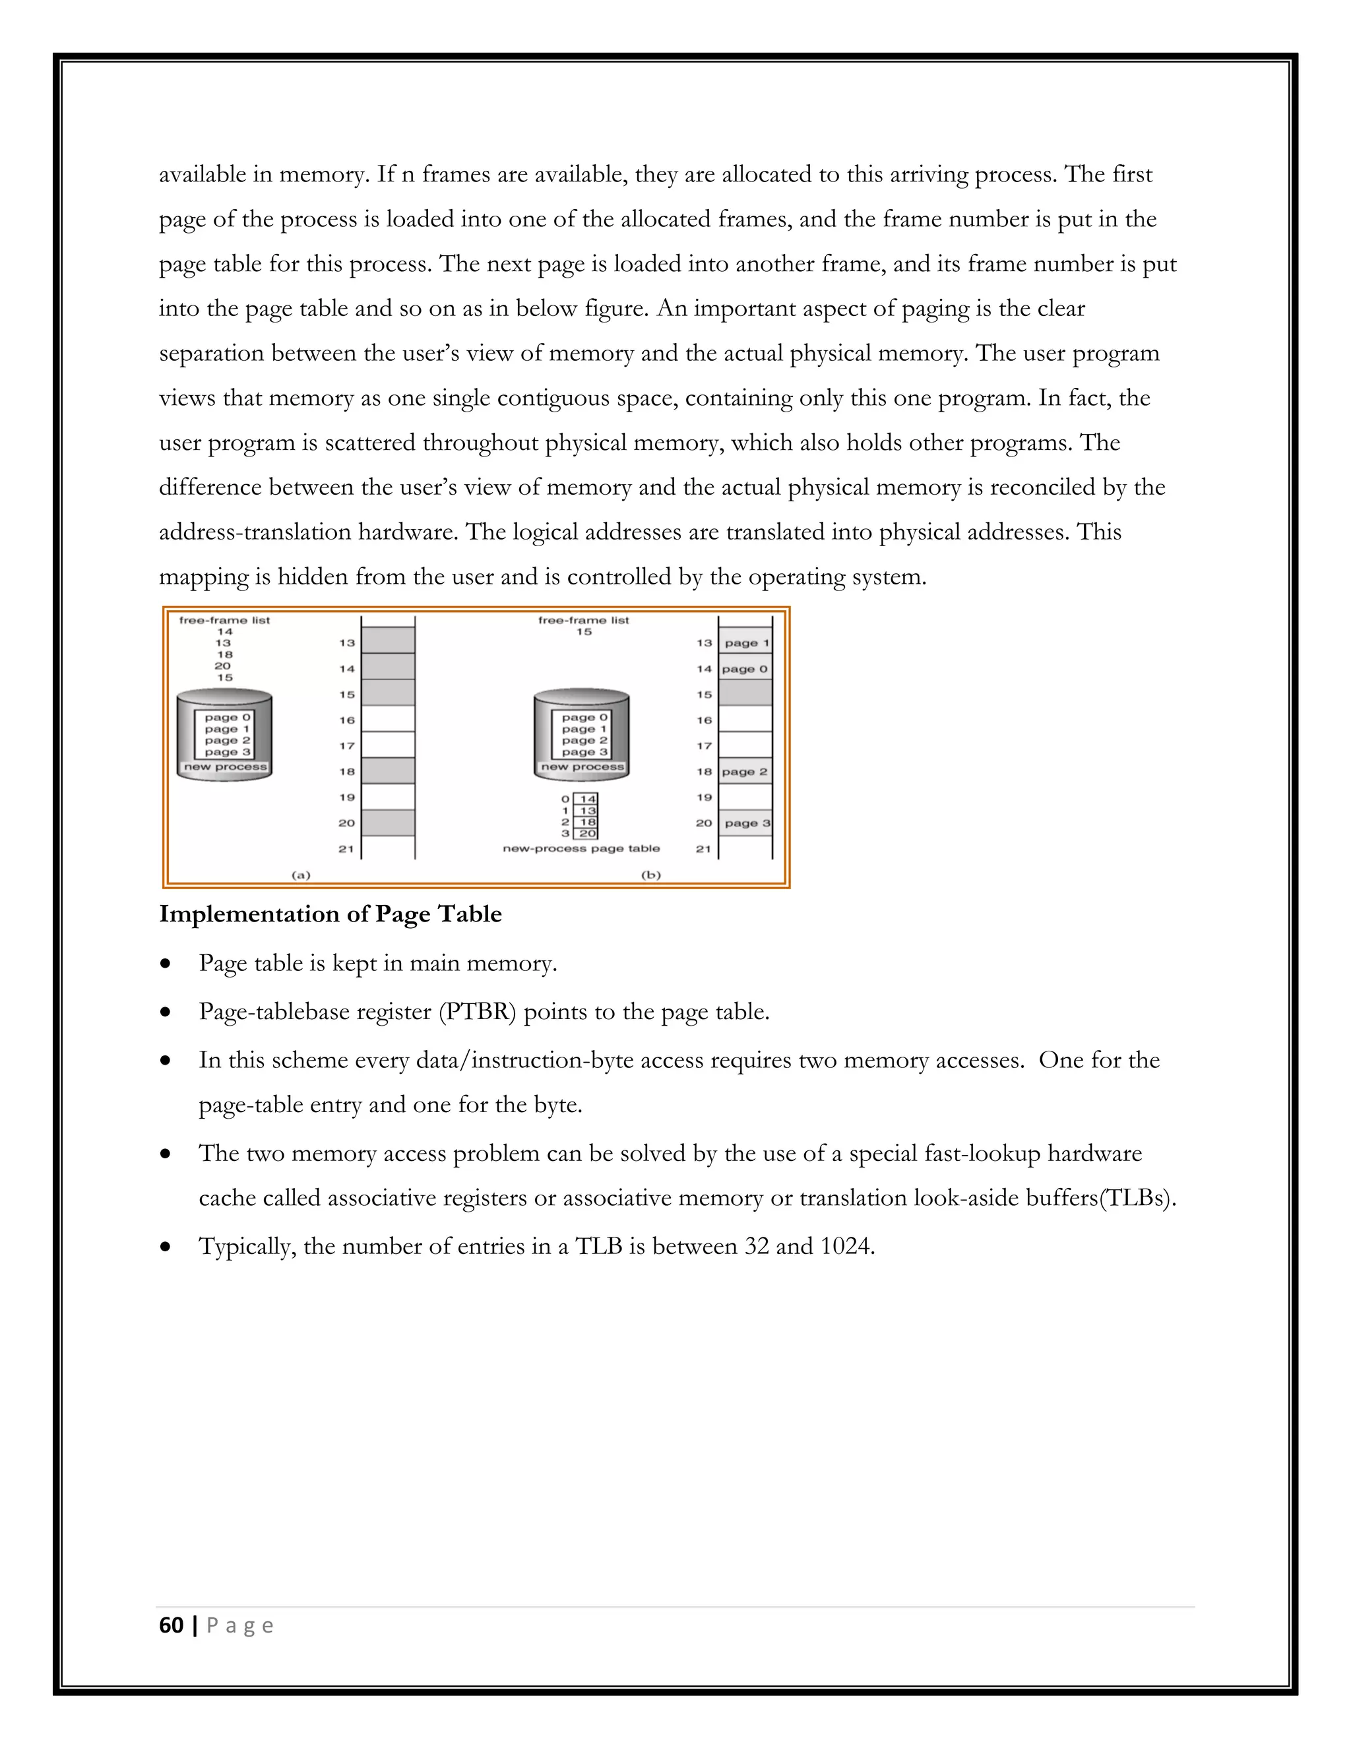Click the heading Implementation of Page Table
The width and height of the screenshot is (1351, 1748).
(x=330, y=914)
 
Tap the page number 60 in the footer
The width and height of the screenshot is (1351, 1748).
(x=172, y=1625)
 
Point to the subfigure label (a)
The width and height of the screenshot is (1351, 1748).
(x=299, y=875)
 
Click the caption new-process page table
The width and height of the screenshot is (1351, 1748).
(x=581, y=848)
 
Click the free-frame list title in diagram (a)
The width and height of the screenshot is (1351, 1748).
(x=224, y=619)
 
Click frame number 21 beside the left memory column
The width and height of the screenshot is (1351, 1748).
(x=346, y=848)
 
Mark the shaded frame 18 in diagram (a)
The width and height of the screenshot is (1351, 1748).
(x=388, y=772)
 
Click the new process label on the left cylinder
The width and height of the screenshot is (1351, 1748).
(x=225, y=766)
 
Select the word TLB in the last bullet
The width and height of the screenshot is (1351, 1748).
(x=599, y=1246)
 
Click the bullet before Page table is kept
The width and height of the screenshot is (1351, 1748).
(x=166, y=964)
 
